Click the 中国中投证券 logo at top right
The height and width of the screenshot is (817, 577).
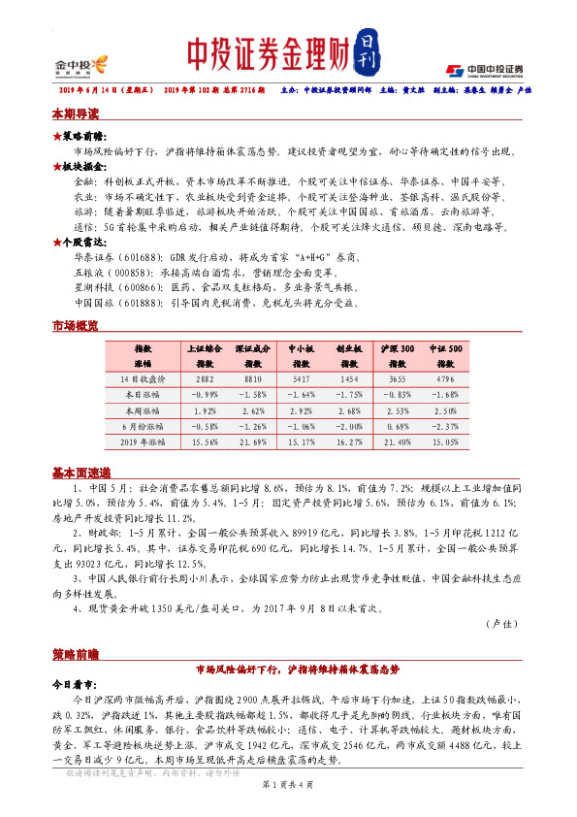click(x=484, y=70)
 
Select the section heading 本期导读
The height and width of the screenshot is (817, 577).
click(x=76, y=114)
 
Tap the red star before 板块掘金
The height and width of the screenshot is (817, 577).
click(x=57, y=166)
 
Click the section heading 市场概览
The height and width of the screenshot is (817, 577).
click(x=76, y=327)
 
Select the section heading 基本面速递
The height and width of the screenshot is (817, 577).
click(x=80, y=472)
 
